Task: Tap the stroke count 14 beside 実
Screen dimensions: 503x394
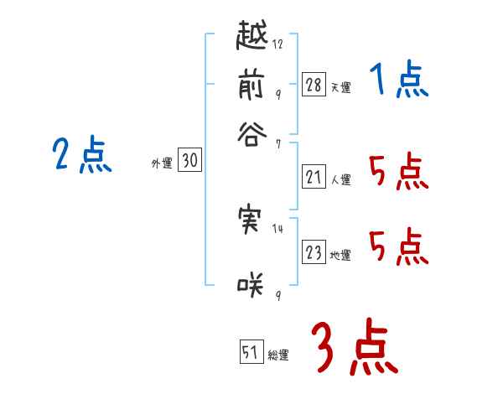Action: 277,227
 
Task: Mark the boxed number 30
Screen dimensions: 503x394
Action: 189,162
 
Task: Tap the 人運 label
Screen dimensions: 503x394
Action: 340,179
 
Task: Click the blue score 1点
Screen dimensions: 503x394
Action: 398,81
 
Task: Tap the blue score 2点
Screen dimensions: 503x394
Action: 82,155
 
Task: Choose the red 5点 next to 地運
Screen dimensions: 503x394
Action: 398,246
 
